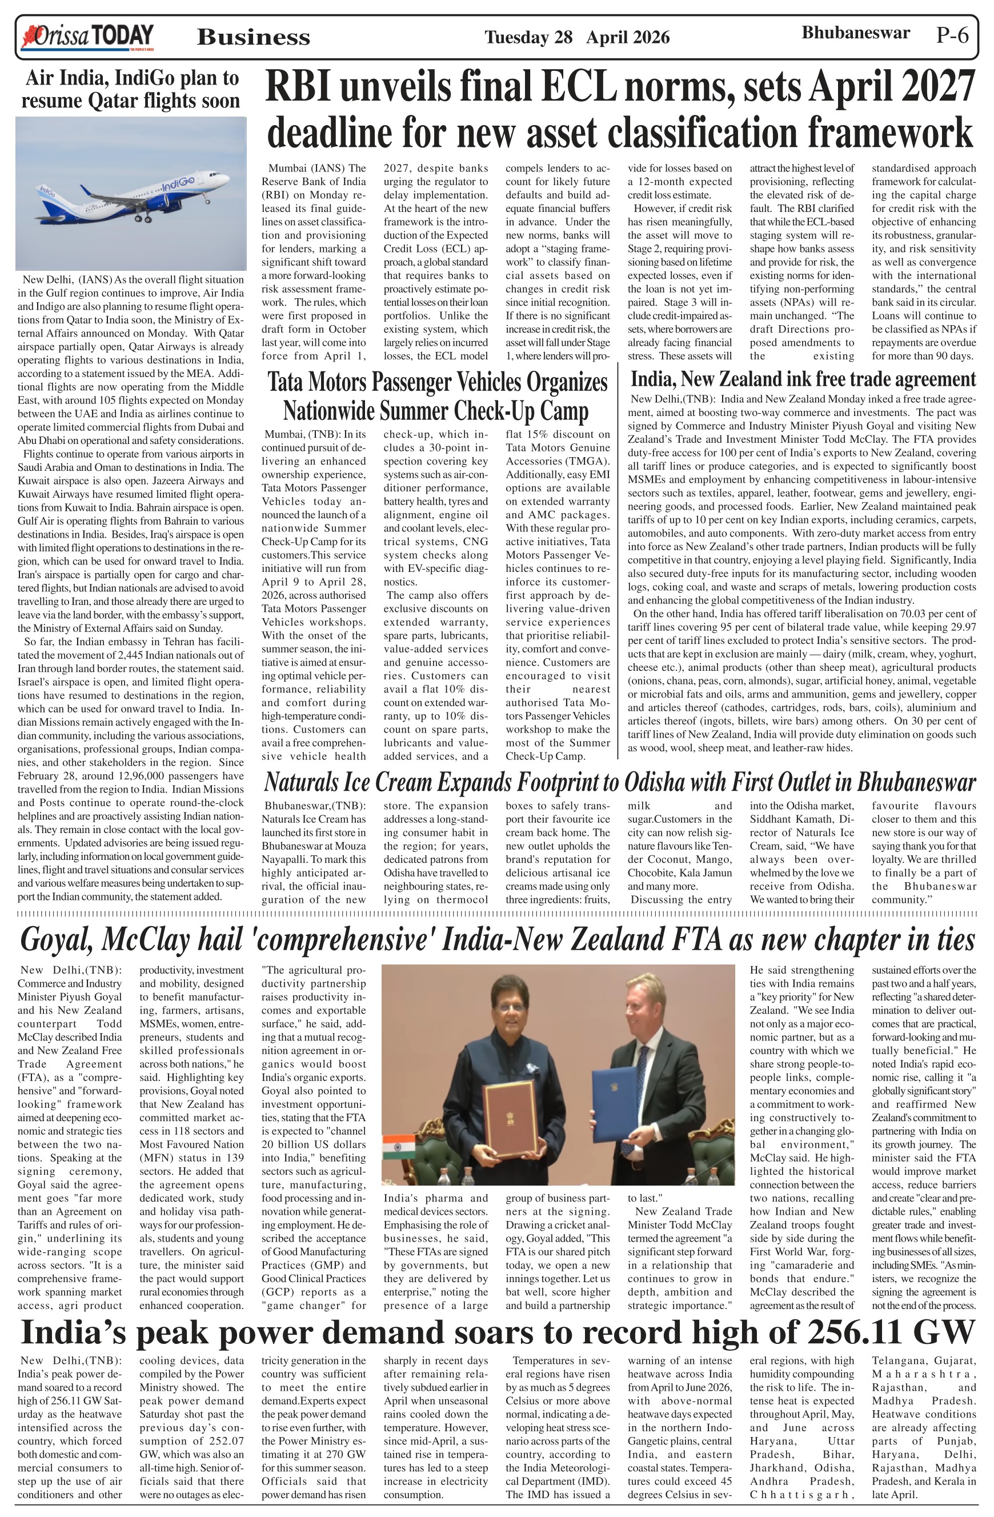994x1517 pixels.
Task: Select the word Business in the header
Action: point(254,38)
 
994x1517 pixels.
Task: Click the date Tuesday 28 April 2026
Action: point(576,38)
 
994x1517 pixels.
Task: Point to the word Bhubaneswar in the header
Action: point(855,33)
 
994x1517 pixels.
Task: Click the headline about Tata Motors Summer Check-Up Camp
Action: point(437,397)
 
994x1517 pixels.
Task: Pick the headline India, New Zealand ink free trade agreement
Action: point(803,379)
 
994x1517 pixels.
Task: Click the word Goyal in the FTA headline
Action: point(58,939)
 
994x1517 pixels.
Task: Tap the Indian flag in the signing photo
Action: point(399,1147)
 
